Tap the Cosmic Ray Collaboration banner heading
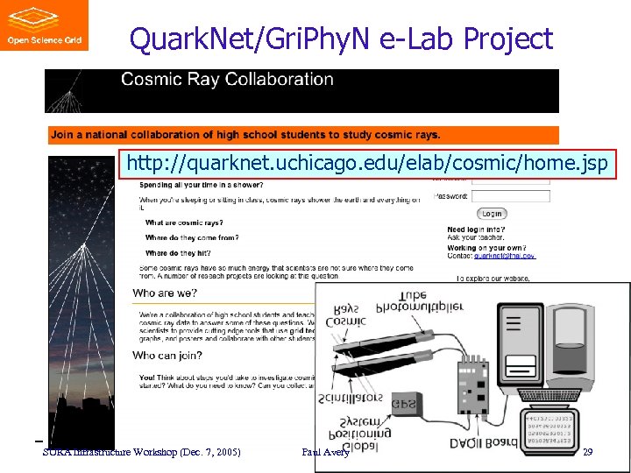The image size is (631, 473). [227, 80]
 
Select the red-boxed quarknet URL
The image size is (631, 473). [366, 164]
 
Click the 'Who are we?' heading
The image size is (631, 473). [166, 293]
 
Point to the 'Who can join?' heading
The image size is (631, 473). [167, 356]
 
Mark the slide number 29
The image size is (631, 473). [588, 451]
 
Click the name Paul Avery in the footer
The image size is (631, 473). [325, 451]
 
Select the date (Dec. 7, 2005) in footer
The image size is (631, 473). [206, 451]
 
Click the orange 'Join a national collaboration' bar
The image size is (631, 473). [302, 135]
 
